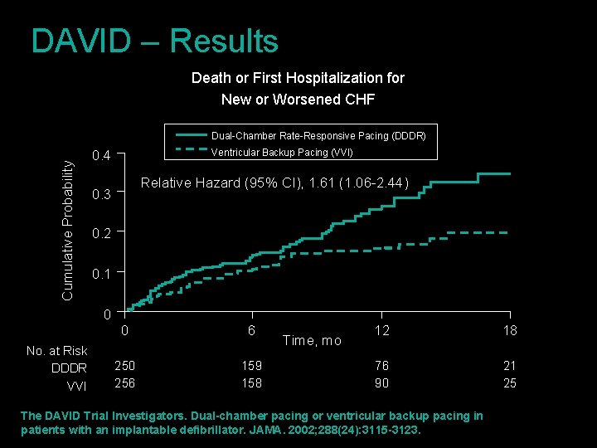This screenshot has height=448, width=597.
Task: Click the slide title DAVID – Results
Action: click(154, 41)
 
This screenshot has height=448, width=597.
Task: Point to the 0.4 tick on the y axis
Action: click(101, 155)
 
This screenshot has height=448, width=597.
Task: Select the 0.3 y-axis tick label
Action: click(101, 195)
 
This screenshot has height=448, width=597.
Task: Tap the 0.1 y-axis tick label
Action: click(101, 274)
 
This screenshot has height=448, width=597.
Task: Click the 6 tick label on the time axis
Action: click(251, 330)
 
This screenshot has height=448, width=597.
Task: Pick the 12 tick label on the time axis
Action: click(381, 330)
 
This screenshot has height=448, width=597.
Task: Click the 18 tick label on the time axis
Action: click(509, 330)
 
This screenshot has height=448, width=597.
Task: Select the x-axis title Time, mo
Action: click(312, 340)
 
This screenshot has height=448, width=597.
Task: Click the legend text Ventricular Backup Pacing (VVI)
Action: click(282, 152)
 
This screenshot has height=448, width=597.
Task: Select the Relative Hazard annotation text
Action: click(274, 183)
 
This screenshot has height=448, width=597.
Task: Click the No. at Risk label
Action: click(56, 351)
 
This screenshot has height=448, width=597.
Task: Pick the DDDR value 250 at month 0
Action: click(125, 366)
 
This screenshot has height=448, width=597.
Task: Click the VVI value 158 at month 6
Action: click(251, 383)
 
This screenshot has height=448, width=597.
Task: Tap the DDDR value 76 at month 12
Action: click(381, 366)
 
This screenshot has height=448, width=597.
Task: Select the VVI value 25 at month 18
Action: click(509, 383)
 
